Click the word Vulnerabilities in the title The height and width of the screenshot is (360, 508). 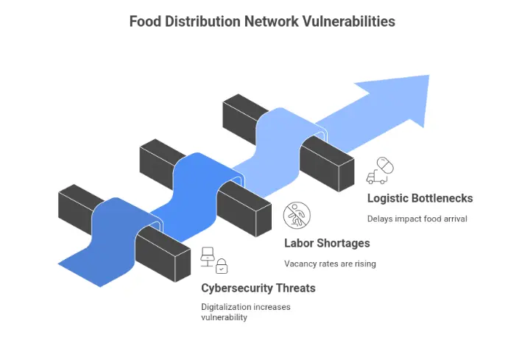coord(348,21)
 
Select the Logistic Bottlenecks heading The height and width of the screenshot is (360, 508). coord(420,198)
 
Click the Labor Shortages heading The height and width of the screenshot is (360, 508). coord(327,243)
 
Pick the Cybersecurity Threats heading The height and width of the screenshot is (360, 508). coord(258,288)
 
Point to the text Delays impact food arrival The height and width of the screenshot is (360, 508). coord(417,219)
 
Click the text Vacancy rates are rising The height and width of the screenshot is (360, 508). coord(330,264)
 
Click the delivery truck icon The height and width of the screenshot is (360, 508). coord(376,177)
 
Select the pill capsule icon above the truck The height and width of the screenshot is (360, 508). coord(384,164)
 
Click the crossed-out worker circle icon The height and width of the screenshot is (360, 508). coord(297,215)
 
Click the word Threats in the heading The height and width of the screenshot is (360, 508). coord(294,288)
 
